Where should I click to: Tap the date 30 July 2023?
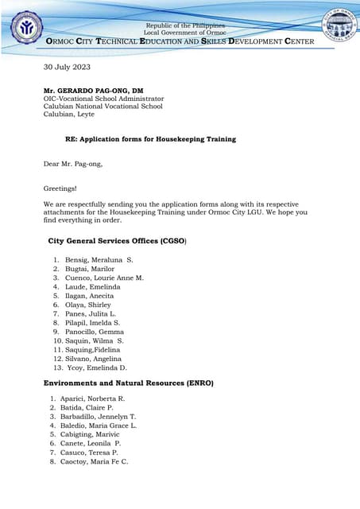pyautogui.click(x=68, y=67)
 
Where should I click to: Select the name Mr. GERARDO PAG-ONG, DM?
pyautogui.click(x=98, y=91)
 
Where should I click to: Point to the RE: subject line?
pyautogui.click(x=150, y=139)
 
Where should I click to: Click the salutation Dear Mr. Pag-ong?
pyautogui.click(x=73, y=164)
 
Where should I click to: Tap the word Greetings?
pyautogui.click(x=60, y=188)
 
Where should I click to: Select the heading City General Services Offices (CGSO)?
pyautogui.click(x=118, y=239)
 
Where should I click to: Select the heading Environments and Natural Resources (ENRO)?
pyautogui.click(x=128, y=383)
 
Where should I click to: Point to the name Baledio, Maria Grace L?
pyautogui.click(x=99, y=425)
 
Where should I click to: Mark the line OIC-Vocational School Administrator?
pyautogui.click(x=102, y=99)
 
